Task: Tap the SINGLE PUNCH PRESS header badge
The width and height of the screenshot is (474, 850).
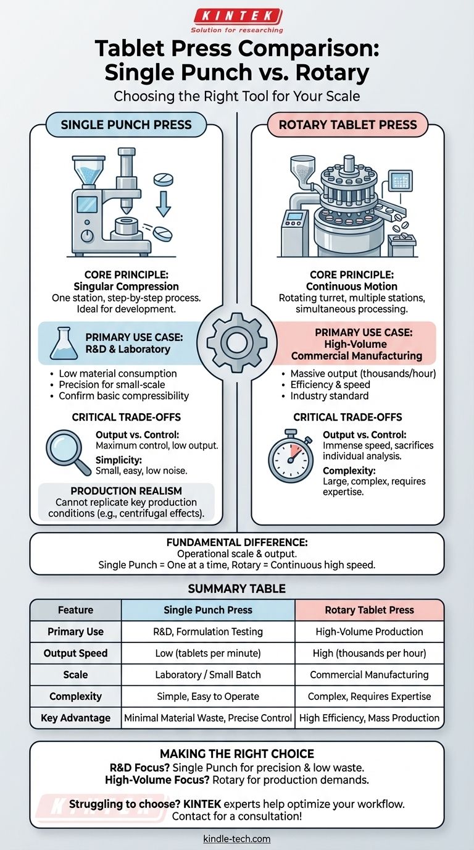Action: pyautogui.click(x=126, y=125)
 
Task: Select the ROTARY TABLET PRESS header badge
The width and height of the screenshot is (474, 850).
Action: pyautogui.click(x=347, y=125)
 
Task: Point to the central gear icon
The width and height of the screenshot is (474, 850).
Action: pyautogui.click(x=237, y=340)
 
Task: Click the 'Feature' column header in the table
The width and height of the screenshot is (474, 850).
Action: pyautogui.click(x=75, y=610)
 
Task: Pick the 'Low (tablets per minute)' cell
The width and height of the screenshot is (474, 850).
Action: pyautogui.click(x=208, y=653)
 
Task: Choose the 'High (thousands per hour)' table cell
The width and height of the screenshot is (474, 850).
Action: pyautogui.click(x=369, y=653)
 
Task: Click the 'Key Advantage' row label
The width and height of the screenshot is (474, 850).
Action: pyautogui.click(x=75, y=718)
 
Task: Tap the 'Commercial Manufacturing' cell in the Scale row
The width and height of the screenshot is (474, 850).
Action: pyautogui.click(x=369, y=675)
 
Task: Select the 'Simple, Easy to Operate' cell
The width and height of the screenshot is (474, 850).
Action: pyautogui.click(x=208, y=696)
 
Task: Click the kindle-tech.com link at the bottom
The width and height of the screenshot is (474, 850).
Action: pyautogui.click(x=237, y=839)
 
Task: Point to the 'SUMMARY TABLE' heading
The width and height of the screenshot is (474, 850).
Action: pyautogui.click(x=237, y=588)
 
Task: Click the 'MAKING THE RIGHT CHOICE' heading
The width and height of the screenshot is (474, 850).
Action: pyautogui.click(x=237, y=754)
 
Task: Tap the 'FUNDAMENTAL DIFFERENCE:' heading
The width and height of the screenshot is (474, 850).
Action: pyautogui.click(x=237, y=542)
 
